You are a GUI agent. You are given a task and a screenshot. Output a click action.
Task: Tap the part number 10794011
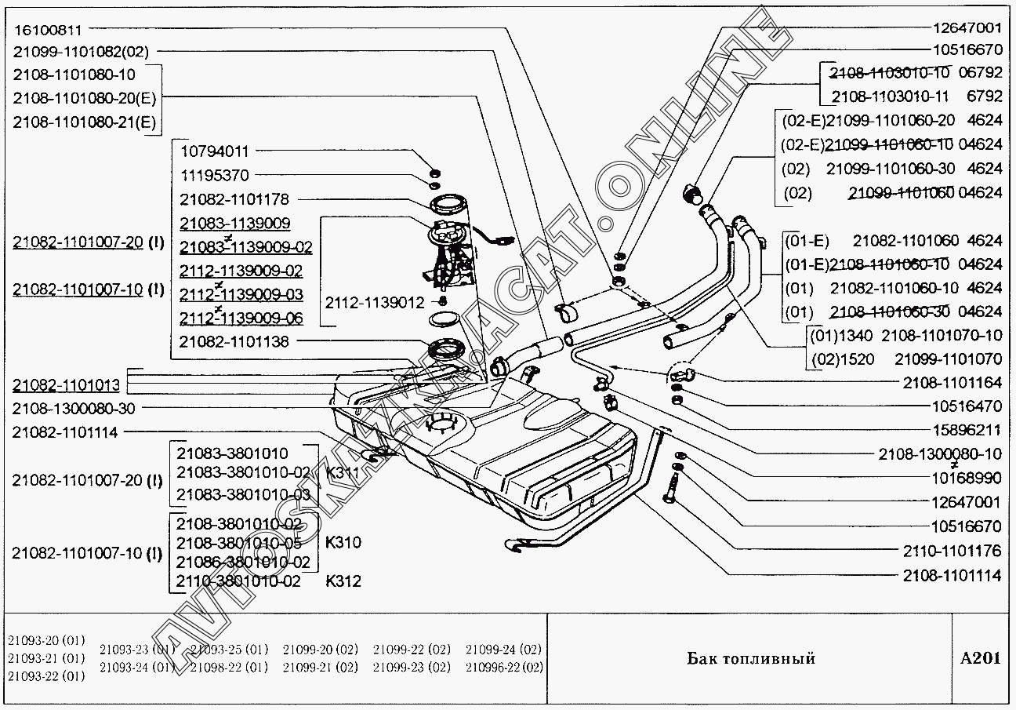215,151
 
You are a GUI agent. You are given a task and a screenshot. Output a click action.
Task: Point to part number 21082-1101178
234,200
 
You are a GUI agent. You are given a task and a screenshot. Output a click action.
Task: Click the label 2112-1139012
375,302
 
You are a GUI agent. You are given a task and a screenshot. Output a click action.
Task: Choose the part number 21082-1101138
234,342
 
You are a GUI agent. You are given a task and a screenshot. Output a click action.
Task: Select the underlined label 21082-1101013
66,385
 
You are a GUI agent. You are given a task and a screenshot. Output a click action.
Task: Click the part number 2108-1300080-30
74,409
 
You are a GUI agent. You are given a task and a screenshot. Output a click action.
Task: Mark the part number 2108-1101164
952,383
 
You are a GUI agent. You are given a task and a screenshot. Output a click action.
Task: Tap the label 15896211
967,430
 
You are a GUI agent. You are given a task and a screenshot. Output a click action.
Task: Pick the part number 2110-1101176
952,552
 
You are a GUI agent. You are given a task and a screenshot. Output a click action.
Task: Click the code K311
343,473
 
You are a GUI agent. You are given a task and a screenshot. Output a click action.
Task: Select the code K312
343,581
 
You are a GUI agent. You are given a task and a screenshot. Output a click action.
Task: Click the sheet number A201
980,657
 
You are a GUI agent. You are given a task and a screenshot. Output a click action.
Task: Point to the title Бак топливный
751,657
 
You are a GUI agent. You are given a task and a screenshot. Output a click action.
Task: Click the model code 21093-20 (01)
46,640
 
